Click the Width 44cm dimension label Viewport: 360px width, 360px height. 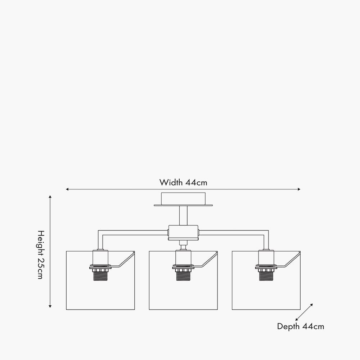coord(183,182)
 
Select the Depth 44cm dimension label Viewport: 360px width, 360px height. coord(300,327)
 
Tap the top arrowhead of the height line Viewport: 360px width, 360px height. coord(50,197)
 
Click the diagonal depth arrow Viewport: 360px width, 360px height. coord(304,312)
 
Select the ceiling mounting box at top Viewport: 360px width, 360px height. coord(183,199)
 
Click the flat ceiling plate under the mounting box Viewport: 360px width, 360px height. coord(183,206)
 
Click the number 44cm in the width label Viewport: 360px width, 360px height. coord(196,182)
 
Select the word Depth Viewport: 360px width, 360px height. coord(288,327)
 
